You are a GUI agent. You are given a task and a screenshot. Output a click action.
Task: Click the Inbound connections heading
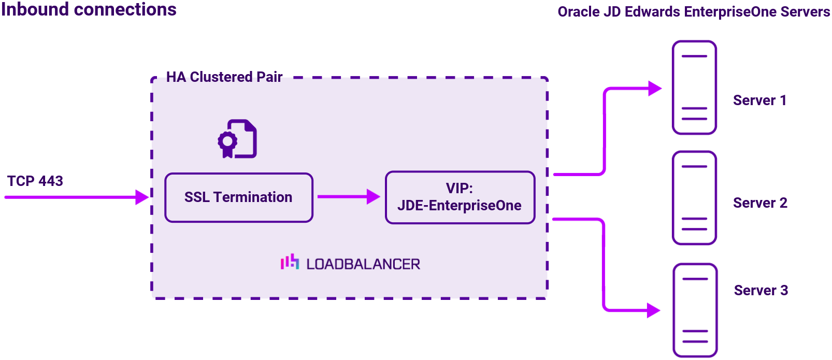[89, 10]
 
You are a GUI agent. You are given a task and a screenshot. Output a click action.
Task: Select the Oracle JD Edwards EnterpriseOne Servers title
[693, 12]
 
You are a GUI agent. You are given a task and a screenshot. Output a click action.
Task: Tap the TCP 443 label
[35, 181]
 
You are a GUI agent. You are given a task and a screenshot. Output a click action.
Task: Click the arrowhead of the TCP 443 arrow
[141, 197]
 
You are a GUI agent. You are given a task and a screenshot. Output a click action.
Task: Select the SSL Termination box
[239, 197]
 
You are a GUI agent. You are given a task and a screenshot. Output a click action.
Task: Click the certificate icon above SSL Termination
[237, 139]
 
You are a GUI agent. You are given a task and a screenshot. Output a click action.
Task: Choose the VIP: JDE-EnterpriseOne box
[460, 197]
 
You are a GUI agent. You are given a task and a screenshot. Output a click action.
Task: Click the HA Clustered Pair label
[224, 77]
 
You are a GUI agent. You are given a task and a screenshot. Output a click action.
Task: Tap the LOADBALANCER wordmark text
[363, 264]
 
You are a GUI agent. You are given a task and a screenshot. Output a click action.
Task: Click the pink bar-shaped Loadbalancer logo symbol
[290, 262]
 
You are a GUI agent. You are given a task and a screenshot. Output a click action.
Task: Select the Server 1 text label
[759, 100]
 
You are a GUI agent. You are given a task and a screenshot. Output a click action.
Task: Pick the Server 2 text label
[760, 203]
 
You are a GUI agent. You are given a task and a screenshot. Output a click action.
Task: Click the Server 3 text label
[761, 291]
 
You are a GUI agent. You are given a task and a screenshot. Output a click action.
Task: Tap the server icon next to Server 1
[694, 88]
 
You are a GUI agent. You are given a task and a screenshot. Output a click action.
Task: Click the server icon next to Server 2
[694, 198]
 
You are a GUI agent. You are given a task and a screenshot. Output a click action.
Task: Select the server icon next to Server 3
[695, 310]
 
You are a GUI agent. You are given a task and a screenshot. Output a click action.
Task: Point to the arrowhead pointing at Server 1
[655, 89]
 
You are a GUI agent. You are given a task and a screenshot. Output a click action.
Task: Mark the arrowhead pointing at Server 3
[654, 311]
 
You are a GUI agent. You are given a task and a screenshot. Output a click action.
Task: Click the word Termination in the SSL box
[253, 197]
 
